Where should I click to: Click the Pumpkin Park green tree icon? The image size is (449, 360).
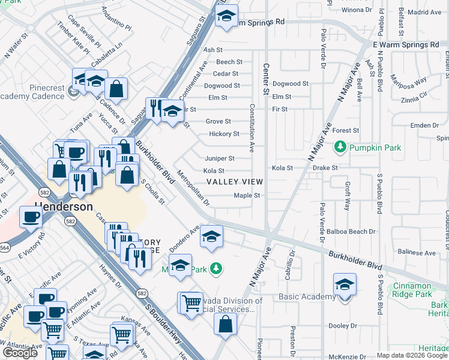(x=340, y=146)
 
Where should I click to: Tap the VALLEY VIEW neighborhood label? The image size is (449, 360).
(x=234, y=182)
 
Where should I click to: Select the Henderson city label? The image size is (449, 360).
(x=64, y=206)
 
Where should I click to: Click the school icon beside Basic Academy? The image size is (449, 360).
(x=345, y=285)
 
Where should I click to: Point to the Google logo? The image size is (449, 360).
(x=20, y=353)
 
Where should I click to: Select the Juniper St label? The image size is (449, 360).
(x=220, y=158)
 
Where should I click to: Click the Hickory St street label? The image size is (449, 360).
(x=224, y=134)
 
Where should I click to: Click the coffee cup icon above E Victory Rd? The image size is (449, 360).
(x=31, y=217)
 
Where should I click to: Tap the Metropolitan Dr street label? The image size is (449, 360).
(x=193, y=189)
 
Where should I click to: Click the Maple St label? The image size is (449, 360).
(x=246, y=196)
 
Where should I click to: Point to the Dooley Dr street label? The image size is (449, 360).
(x=343, y=326)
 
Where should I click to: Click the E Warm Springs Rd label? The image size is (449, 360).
(x=406, y=45)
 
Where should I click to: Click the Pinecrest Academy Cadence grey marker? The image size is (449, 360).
(x=73, y=91)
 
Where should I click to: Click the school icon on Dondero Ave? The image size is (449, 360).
(x=211, y=236)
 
